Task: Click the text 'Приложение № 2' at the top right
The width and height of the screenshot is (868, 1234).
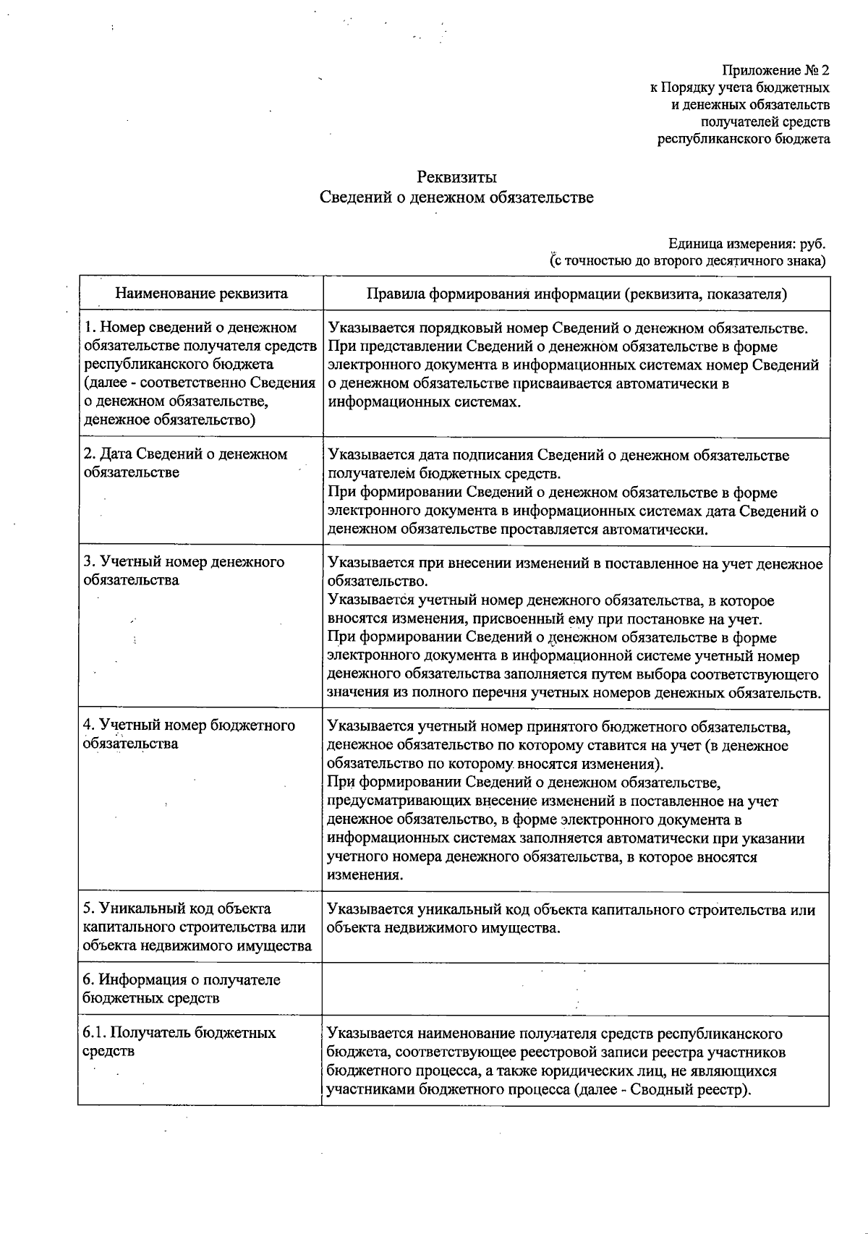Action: pos(775,70)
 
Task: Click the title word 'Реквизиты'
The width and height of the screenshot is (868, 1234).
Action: pos(456,177)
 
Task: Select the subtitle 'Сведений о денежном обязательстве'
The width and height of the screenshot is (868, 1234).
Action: pos(456,197)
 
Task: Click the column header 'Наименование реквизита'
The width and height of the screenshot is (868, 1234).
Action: pos(202,293)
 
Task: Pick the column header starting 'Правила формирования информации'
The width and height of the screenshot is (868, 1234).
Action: pos(576,294)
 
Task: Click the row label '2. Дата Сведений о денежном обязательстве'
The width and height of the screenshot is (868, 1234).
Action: pos(186,463)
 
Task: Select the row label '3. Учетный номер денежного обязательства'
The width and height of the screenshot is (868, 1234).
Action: pos(184,571)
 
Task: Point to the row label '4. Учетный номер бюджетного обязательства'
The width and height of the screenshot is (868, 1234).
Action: pos(190,734)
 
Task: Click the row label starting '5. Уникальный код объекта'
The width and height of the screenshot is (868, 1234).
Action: pos(197,927)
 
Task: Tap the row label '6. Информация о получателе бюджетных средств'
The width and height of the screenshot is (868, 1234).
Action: pos(182,989)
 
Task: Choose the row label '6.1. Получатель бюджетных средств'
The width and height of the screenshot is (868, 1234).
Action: pos(179,1042)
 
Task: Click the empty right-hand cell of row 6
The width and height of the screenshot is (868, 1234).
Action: pos(575,989)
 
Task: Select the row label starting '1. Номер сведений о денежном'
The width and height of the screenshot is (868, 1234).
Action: pos(200,373)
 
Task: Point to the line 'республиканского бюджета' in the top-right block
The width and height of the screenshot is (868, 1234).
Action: pos(743,139)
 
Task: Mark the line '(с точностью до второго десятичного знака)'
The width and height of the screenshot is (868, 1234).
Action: pos(688,260)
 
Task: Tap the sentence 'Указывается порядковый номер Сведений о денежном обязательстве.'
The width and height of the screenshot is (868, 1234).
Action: pos(568,328)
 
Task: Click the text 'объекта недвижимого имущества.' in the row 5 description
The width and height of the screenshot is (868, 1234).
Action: pos(443,928)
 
